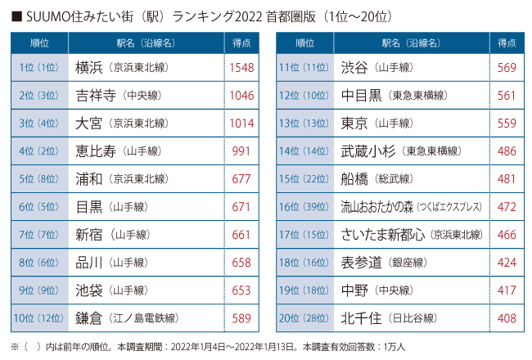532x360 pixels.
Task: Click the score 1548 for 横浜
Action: [242, 68]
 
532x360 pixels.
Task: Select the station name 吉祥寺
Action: [93, 96]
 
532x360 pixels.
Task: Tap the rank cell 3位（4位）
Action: [38, 124]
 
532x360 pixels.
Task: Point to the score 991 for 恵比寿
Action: [242, 151]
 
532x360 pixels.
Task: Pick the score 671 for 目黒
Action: [242, 207]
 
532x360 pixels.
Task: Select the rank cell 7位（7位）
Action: [38, 235]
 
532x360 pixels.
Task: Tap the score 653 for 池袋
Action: [242, 290]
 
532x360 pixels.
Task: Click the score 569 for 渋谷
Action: [507, 68]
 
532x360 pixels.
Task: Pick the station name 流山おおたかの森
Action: [377, 207]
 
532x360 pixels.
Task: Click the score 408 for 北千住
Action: [507, 318]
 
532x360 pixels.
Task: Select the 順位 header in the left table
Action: [38, 43]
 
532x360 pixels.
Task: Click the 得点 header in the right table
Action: [507, 43]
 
